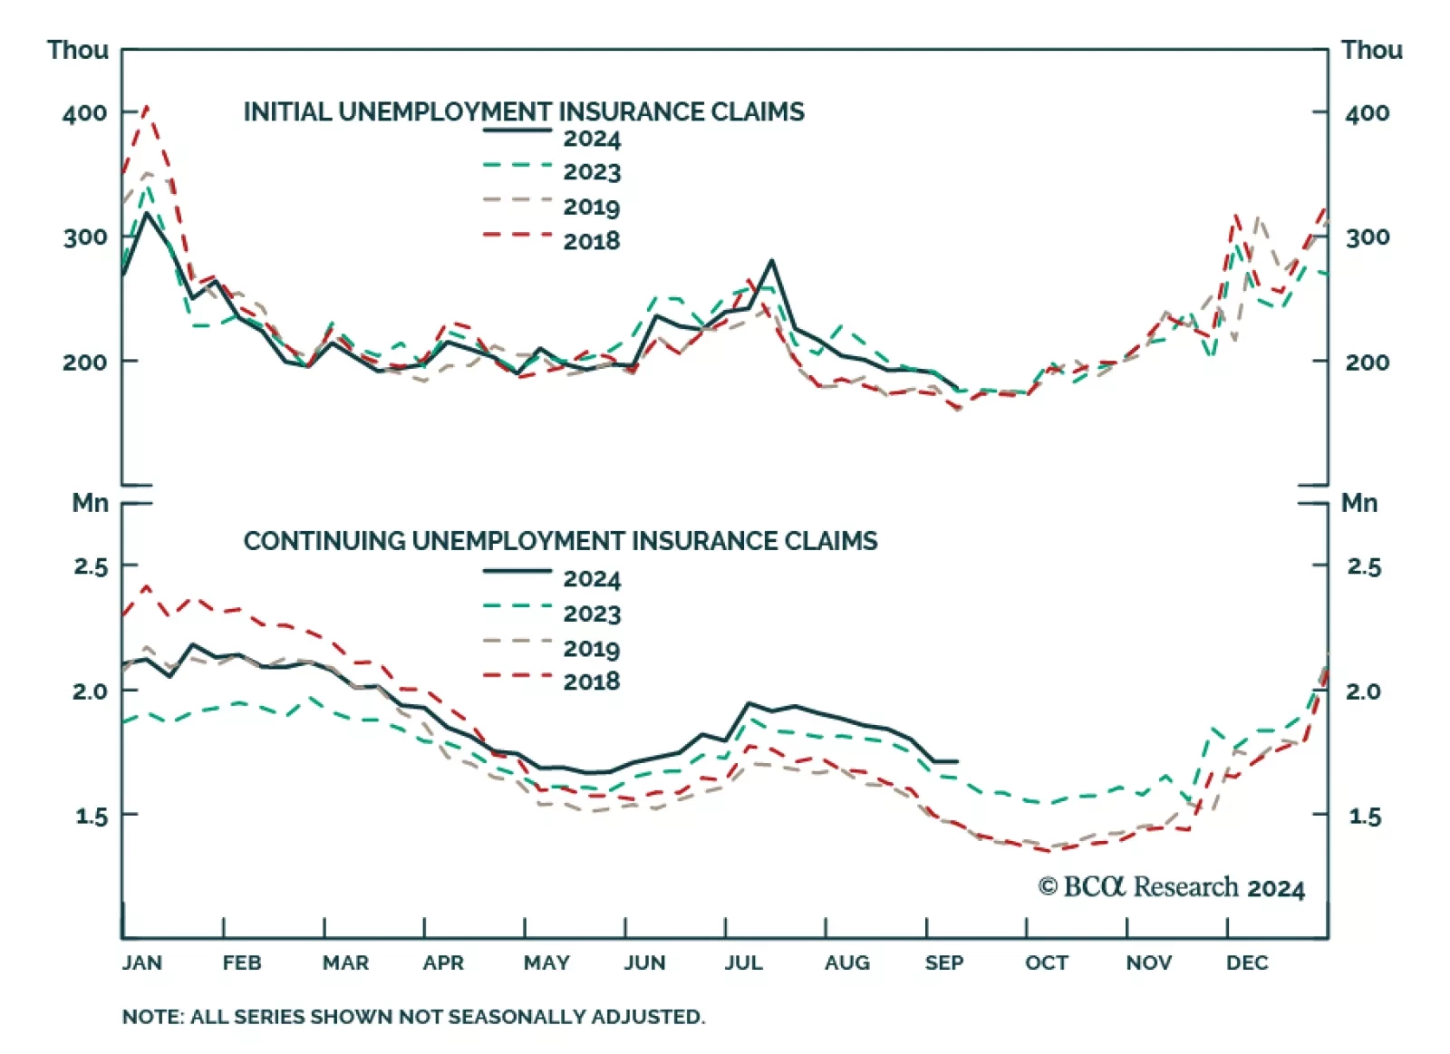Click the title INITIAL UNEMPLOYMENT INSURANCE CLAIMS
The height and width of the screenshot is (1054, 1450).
click(524, 111)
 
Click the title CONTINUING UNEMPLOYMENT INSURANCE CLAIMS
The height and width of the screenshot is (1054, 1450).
click(560, 541)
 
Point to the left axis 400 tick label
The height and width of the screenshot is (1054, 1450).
click(84, 113)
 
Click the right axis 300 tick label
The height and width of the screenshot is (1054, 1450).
click(1367, 237)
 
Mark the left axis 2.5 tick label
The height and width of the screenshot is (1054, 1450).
click(91, 567)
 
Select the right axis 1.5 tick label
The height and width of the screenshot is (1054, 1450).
click(1365, 817)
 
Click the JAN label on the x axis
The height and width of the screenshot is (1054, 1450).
click(142, 962)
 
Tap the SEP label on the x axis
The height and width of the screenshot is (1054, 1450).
click(944, 962)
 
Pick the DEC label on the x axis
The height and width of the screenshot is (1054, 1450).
click(1247, 962)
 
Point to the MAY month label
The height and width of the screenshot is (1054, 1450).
click(546, 962)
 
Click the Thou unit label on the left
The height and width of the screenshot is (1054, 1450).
click(78, 50)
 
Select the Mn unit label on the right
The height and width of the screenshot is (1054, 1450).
click(1359, 503)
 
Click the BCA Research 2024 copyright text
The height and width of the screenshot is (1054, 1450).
click(1171, 886)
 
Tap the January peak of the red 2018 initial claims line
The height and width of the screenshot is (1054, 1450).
click(147, 107)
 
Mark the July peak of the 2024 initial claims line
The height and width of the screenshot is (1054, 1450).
click(772, 261)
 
